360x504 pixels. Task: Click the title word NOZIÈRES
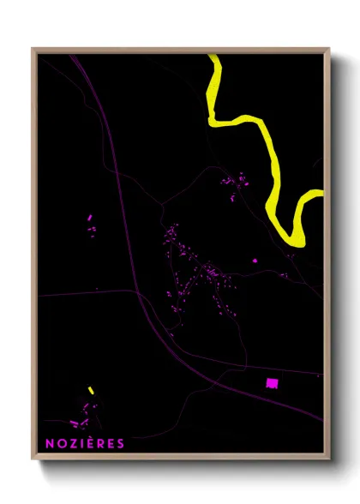coord(85,443)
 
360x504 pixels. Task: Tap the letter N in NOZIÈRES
coord(49,443)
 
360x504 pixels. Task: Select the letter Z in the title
coord(71,443)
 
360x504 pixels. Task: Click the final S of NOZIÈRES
coord(121,443)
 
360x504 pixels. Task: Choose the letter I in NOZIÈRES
coord(81,443)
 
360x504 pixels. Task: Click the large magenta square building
coord(273,382)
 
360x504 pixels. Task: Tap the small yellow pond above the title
coord(90,391)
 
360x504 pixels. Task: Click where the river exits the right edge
coord(322,192)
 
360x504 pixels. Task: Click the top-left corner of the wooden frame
coord(33,50)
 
